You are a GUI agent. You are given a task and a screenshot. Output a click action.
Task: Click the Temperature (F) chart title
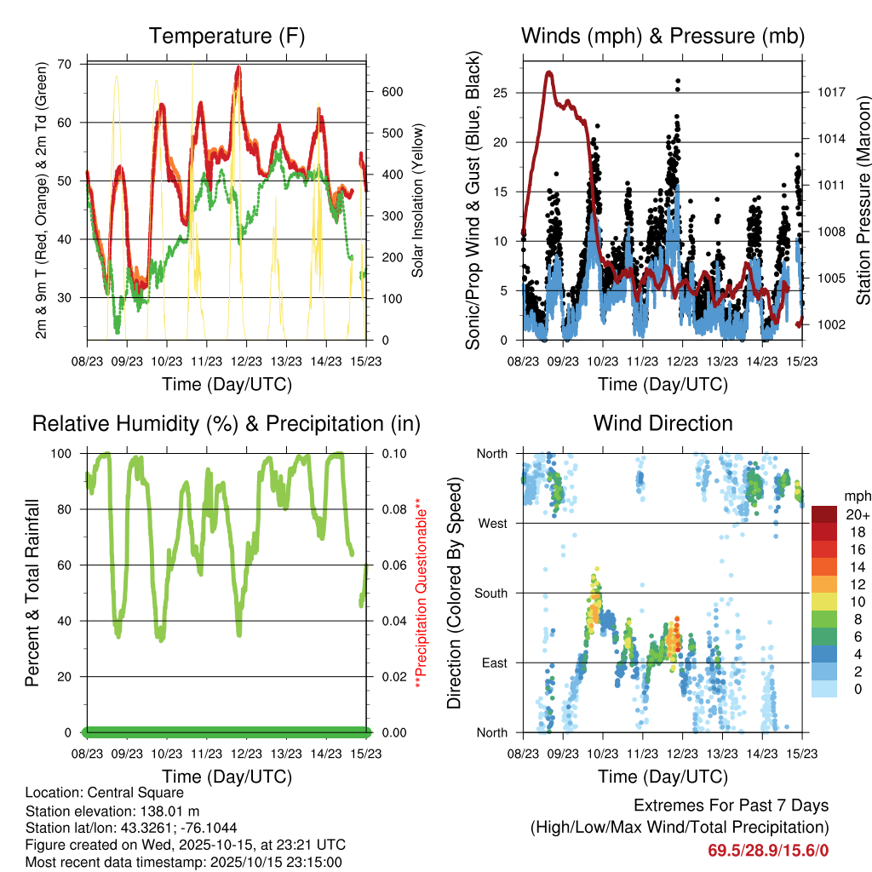coord(227,36)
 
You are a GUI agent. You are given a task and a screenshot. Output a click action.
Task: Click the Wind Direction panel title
coord(663,423)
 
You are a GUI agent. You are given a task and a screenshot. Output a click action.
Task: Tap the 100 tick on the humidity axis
coord(67,454)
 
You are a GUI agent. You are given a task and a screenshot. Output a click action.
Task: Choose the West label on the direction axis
coord(494,523)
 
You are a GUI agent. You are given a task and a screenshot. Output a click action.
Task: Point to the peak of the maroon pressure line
coord(549,73)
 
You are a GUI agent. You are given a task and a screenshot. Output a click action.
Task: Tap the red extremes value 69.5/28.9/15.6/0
coord(768,850)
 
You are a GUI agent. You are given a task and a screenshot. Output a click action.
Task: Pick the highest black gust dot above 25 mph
coord(678,81)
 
